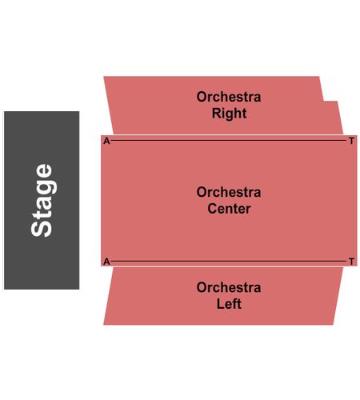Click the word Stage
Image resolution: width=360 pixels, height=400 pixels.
click(42, 200)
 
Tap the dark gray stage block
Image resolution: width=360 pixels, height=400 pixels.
click(42, 200)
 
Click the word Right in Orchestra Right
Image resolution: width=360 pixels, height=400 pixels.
click(229, 114)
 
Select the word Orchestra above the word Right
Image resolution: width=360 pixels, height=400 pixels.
click(229, 97)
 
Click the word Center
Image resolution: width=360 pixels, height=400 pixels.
click(229, 209)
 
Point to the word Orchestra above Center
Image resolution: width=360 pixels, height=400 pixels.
click(229, 192)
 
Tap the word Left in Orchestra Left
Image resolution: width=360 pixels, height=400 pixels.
click(229, 304)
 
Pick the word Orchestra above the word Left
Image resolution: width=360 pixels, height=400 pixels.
click(229, 287)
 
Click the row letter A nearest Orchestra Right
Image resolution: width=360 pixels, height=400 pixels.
click(106, 141)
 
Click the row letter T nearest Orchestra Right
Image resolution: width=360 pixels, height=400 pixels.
click(352, 141)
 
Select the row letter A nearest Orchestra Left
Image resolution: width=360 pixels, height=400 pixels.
click(106, 262)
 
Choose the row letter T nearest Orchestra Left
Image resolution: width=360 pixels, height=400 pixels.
click(352, 262)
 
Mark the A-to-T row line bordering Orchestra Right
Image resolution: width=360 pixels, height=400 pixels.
click(229, 140)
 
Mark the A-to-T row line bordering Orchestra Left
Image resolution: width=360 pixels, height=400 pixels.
click(229, 261)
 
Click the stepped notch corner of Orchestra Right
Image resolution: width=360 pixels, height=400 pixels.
click(323, 101)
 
